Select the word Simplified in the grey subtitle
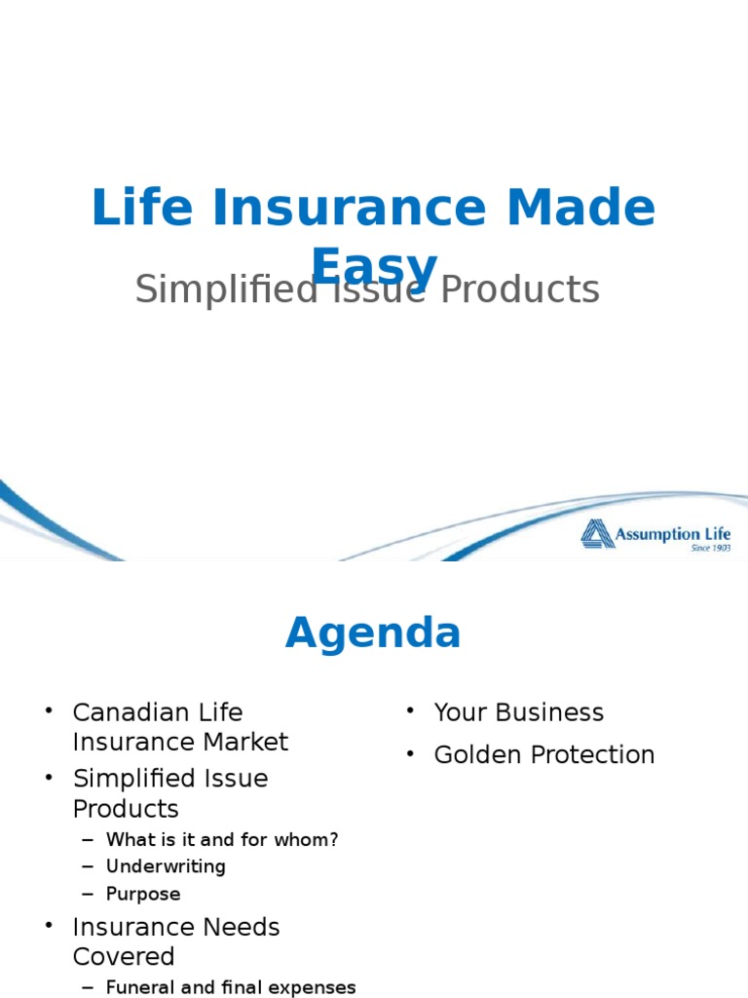tap(226, 289)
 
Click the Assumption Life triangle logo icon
tap(597, 534)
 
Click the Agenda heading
tap(373, 633)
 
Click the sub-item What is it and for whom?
tap(222, 839)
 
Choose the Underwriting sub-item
tap(166, 866)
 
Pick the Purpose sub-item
tap(143, 894)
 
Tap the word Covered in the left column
tap(124, 956)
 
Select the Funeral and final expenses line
tap(231, 987)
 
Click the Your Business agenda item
tap(518, 712)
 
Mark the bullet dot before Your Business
tap(411, 710)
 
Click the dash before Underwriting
tap(89, 867)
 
